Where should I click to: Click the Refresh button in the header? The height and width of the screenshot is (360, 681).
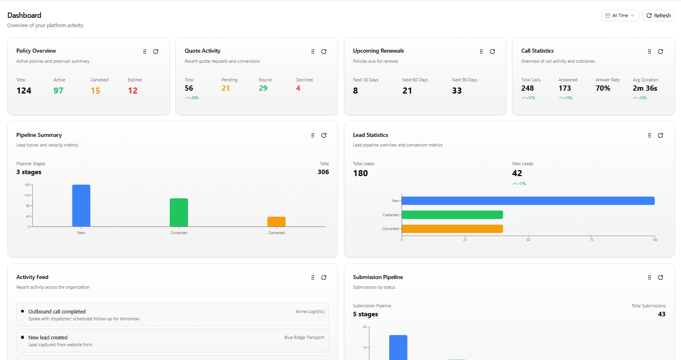tap(658, 15)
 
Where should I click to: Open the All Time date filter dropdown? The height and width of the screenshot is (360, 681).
tap(620, 15)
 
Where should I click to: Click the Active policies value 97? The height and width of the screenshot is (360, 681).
tap(58, 91)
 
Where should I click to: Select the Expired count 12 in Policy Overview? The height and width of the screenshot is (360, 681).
tap(132, 91)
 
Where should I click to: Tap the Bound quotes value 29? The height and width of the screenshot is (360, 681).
tap(263, 88)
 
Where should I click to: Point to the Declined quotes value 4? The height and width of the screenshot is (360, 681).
tap(298, 88)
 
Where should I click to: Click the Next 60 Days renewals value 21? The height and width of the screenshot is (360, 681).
tap(407, 91)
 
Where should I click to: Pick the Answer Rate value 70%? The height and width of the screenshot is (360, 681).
tap(603, 88)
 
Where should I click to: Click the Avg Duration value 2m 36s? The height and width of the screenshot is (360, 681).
tap(645, 88)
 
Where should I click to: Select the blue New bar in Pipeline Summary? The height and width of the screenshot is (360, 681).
tap(81, 206)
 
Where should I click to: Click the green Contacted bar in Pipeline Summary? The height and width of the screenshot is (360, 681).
tap(179, 213)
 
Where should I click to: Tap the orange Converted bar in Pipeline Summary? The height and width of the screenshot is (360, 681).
tap(276, 222)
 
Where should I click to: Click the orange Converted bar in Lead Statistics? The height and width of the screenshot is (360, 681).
tap(452, 229)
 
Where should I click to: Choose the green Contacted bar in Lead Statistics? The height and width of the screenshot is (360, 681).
tap(452, 215)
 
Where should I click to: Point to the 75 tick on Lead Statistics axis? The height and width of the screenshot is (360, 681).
tap(591, 240)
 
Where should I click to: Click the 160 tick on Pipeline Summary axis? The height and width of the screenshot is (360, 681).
tap(27, 185)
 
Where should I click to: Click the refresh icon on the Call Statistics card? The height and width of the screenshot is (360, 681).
tap(660, 51)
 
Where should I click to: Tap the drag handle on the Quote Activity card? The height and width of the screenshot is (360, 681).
tap(313, 51)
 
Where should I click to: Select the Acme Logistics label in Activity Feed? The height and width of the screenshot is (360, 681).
tap(310, 311)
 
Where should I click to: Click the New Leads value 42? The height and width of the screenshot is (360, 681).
tap(517, 173)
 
